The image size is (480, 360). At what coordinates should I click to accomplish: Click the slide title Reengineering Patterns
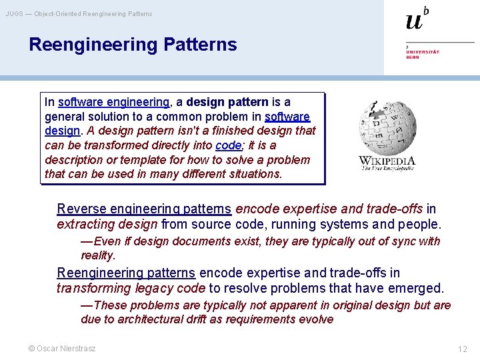(x=133, y=45)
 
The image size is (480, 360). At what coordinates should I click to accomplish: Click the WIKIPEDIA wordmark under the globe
(x=387, y=161)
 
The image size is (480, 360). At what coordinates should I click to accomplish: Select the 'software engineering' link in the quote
(x=113, y=102)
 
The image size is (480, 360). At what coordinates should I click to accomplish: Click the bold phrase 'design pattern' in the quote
(x=227, y=102)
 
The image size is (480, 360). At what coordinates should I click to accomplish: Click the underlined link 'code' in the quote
(x=224, y=145)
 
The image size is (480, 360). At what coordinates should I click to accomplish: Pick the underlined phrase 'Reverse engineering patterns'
(x=144, y=209)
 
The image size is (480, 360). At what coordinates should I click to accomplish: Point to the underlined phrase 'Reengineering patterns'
(x=126, y=273)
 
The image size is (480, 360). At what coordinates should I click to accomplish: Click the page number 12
(x=462, y=349)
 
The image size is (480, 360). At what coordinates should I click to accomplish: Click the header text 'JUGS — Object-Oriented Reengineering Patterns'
(x=79, y=13)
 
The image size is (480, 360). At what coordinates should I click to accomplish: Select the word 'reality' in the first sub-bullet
(x=97, y=255)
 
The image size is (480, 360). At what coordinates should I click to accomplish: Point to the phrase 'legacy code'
(x=175, y=288)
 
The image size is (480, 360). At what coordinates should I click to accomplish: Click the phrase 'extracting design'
(x=107, y=225)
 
